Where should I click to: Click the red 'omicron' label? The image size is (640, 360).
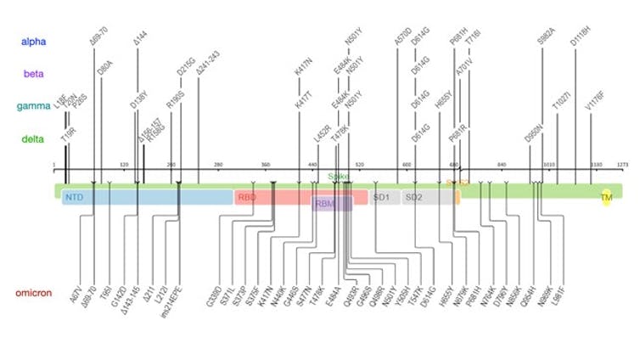point(36,293)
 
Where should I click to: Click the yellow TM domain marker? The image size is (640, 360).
point(606,198)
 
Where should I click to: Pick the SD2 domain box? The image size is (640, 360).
point(413,198)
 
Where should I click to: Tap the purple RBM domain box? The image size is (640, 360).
point(325,204)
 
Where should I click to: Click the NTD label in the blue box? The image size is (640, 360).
point(74,198)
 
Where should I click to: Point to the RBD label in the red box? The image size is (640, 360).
point(247,198)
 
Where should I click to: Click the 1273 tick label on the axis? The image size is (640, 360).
point(622,165)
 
